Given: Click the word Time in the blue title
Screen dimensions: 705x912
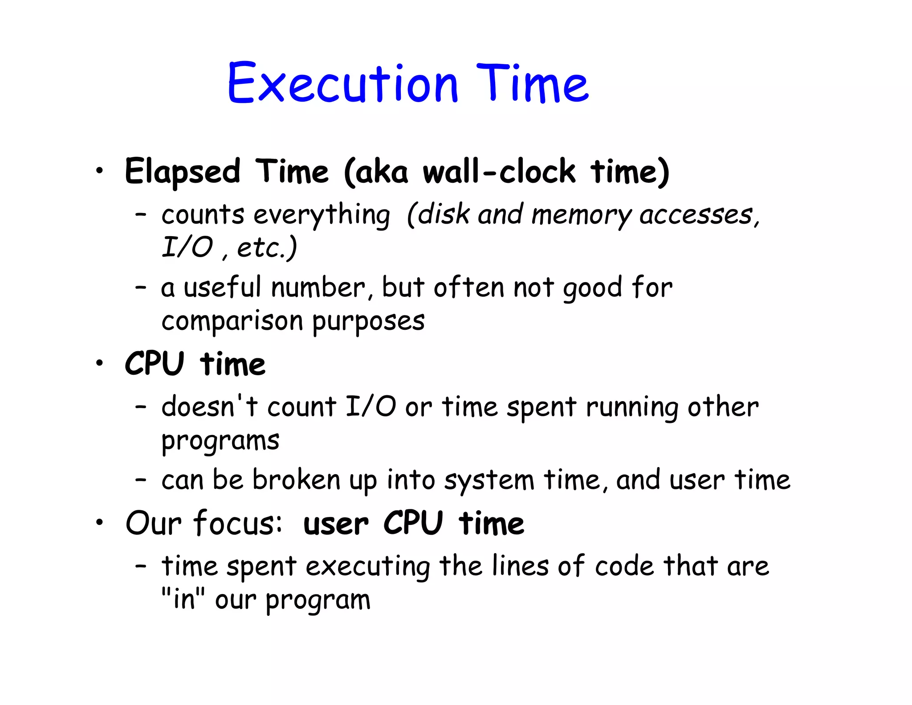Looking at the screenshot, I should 533,84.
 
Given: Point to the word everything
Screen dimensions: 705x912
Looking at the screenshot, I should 322,216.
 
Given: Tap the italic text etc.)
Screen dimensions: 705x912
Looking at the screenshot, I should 267,248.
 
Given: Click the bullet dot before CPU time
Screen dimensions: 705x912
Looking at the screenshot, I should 100,363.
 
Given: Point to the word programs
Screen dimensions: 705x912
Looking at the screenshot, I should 220,442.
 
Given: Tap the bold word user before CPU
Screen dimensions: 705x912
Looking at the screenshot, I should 336,524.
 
